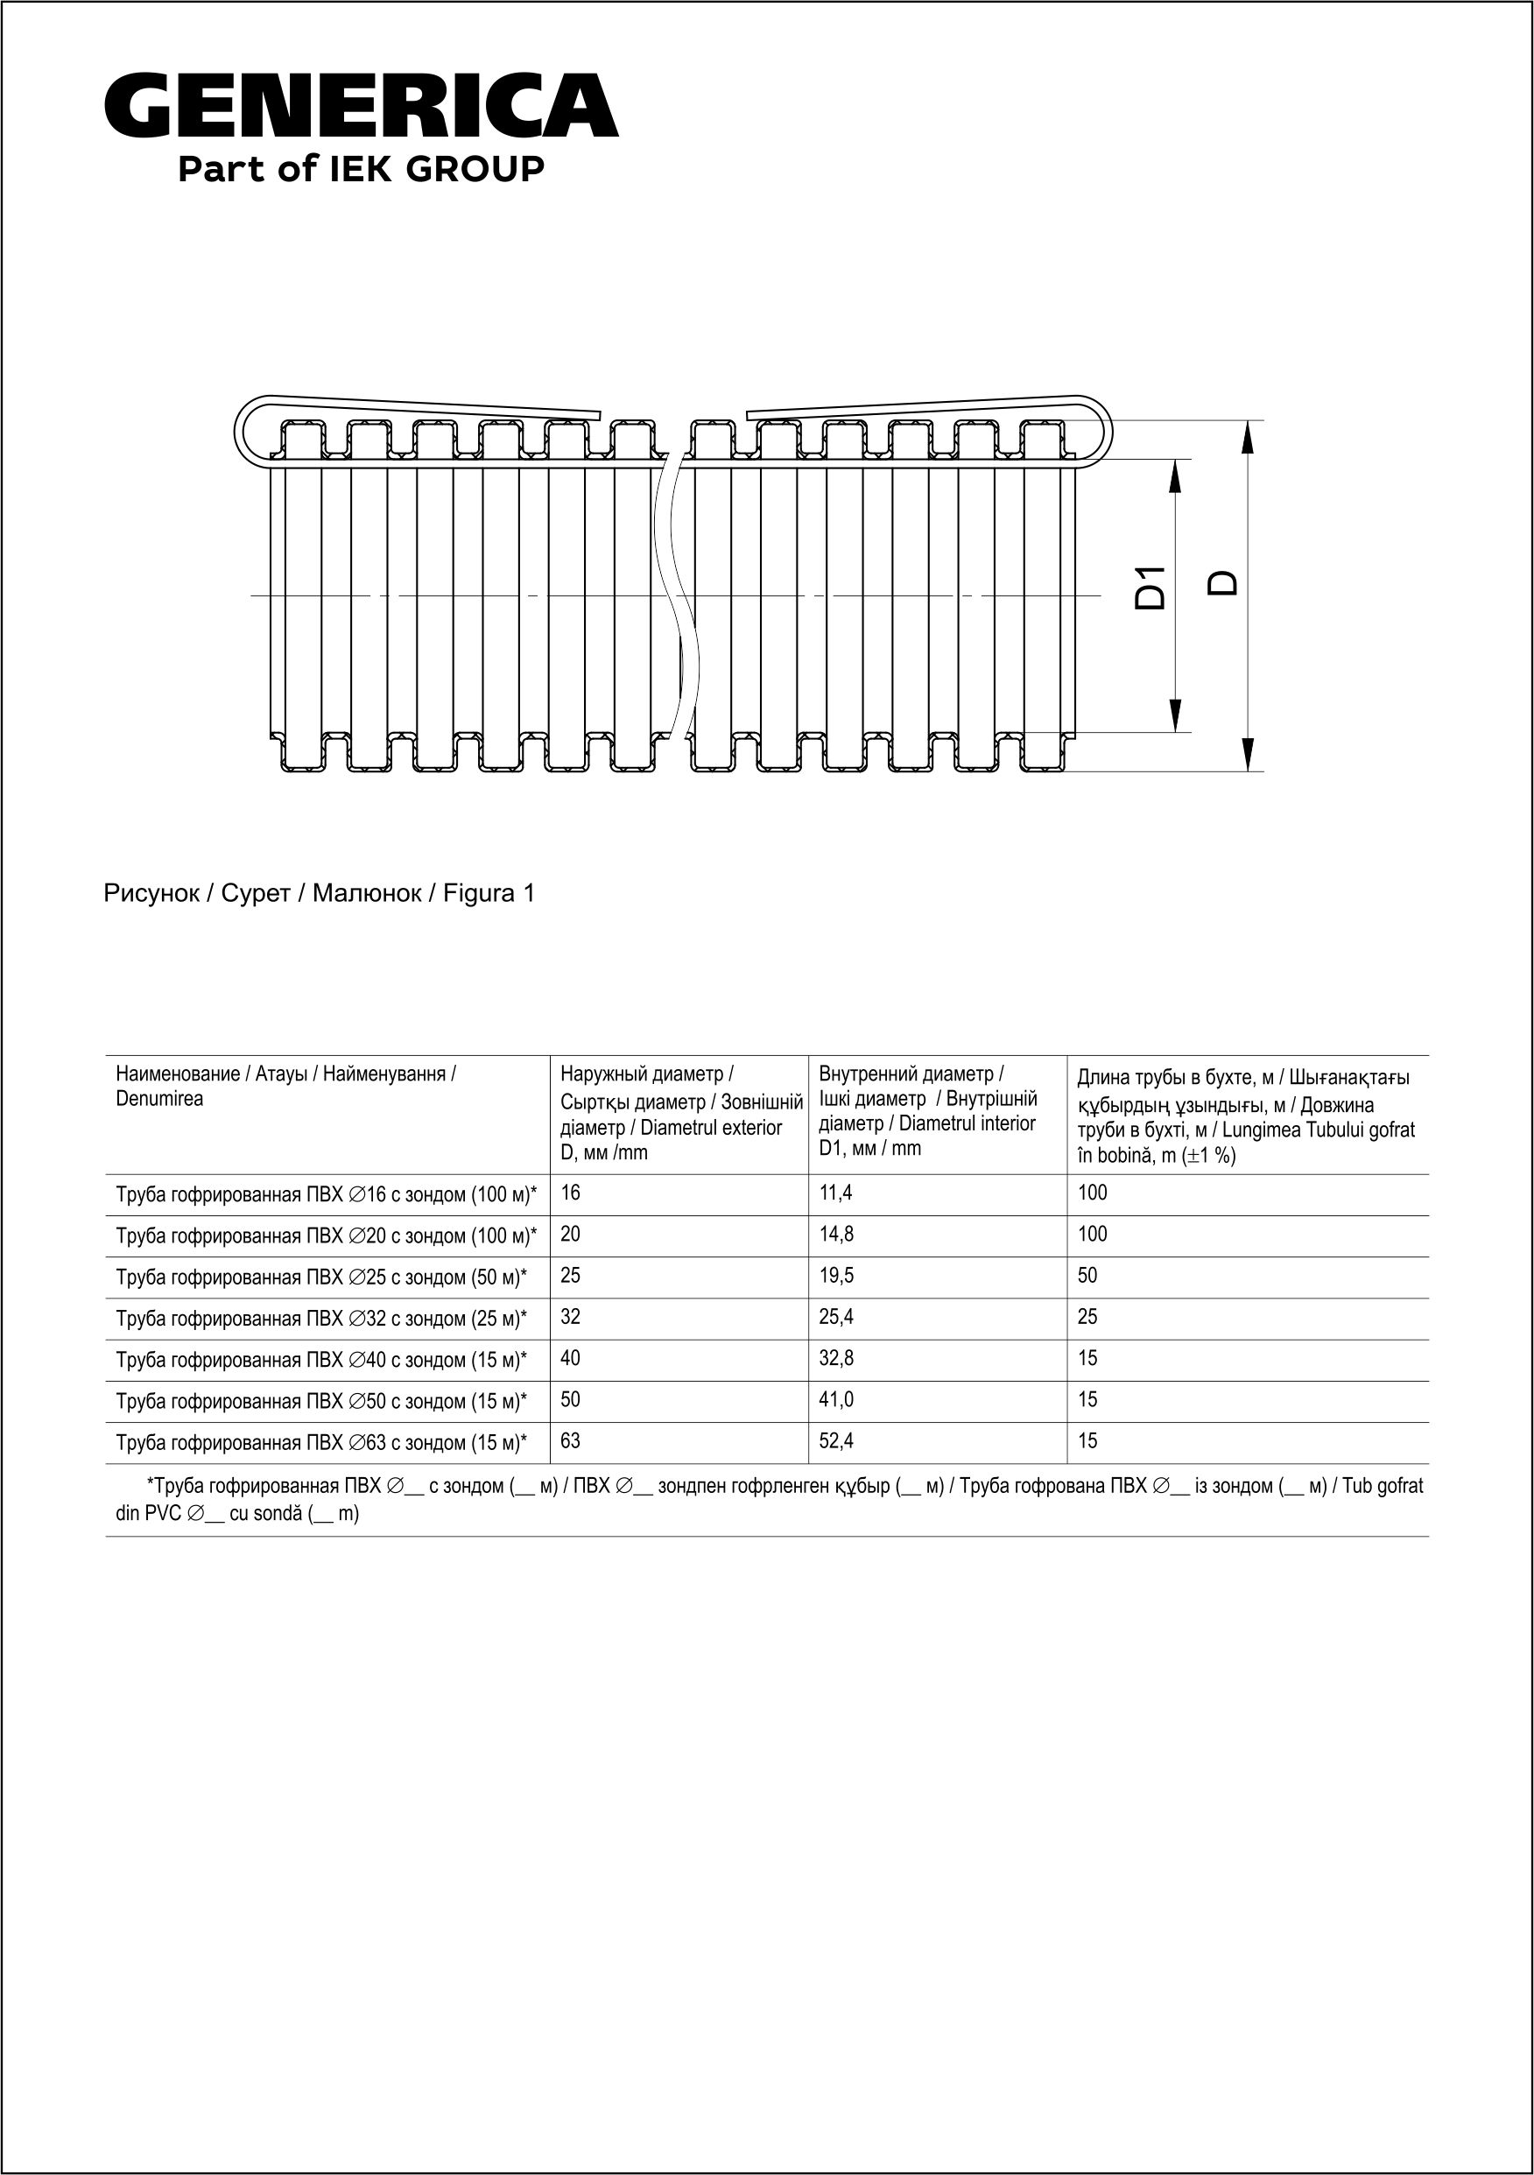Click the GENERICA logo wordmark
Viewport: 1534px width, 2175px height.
pyautogui.click(x=361, y=106)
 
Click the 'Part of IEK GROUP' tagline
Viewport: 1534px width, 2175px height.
pyautogui.click(x=361, y=170)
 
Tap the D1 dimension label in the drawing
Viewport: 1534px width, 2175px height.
pyautogui.click(x=1150, y=588)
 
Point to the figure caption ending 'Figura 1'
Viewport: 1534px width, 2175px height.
pyautogui.click(x=320, y=893)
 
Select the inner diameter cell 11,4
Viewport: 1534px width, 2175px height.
pyautogui.click(x=835, y=1193)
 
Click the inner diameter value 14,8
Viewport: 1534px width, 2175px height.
pyautogui.click(x=835, y=1235)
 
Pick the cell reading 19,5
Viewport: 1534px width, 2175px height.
pyautogui.click(x=835, y=1276)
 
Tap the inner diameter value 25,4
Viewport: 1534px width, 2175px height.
pyautogui.click(x=835, y=1317)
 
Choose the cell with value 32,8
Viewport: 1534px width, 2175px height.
pyautogui.click(x=835, y=1358)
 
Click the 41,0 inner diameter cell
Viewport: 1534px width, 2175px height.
pyautogui.click(x=835, y=1400)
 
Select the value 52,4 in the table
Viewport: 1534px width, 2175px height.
pyautogui.click(x=835, y=1441)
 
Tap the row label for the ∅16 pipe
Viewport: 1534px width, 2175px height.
pyautogui.click(x=326, y=1195)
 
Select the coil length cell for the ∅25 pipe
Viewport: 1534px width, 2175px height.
pyautogui.click(x=1087, y=1276)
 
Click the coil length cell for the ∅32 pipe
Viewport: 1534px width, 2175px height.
pyautogui.click(x=1087, y=1317)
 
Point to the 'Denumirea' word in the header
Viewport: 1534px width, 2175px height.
pyautogui.click(x=159, y=1100)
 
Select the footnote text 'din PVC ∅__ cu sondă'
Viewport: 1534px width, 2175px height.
pyautogui.click(x=237, y=1514)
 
